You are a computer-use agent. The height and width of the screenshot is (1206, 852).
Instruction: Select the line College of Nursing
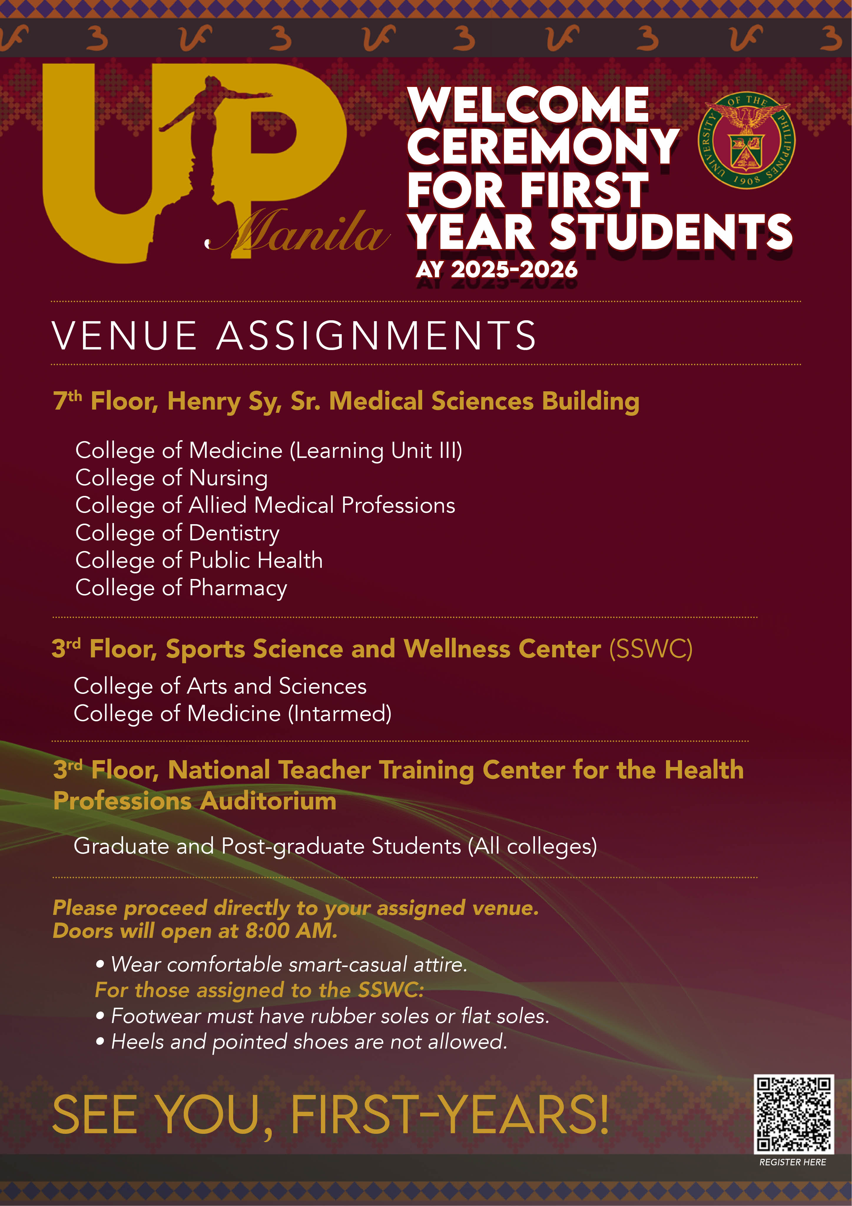(x=172, y=478)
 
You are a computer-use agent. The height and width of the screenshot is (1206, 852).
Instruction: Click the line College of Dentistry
(x=178, y=533)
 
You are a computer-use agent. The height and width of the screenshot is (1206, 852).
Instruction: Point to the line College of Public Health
(x=199, y=560)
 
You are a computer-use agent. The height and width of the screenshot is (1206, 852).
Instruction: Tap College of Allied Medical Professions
(x=265, y=505)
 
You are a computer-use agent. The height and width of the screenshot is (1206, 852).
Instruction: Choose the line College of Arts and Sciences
(x=220, y=686)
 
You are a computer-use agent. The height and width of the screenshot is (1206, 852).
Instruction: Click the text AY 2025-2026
(x=497, y=270)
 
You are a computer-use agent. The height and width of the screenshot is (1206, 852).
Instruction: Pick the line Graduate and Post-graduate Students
(x=335, y=846)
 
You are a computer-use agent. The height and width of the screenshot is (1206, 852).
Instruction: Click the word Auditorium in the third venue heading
(x=268, y=801)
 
